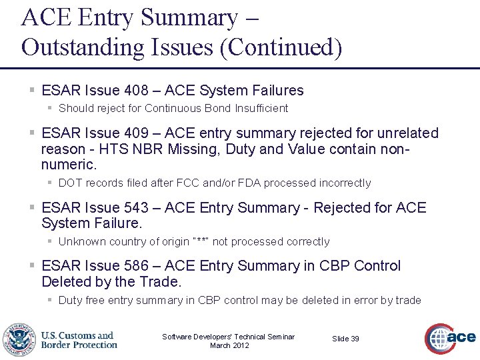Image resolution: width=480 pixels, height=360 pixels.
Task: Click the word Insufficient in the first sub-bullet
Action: (x=261, y=108)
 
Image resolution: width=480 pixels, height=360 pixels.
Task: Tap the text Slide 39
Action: (x=345, y=339)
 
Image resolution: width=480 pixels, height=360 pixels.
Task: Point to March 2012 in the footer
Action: (x=229, y=345)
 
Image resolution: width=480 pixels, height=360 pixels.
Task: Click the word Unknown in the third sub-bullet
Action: (x=81, y=241)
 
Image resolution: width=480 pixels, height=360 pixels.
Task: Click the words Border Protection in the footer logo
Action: (x=79, y=345)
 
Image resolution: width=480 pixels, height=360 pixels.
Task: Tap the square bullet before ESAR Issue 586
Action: (x=33, y=266)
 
